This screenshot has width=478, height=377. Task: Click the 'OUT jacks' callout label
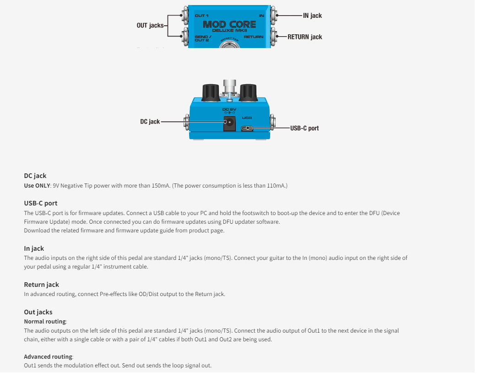[x=150, y=26]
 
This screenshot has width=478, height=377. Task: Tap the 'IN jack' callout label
[x=312, y=16]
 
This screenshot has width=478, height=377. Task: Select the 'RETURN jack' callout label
[x=304, y=37]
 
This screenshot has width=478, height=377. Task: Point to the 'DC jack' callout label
[x=150, y=122]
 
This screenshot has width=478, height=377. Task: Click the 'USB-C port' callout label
[x=304, y=128]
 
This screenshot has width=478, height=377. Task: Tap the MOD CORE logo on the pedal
[x=229, y=24]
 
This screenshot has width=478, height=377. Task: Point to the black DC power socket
[x=229, y=123]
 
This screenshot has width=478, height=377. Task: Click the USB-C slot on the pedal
[x=247, y=128]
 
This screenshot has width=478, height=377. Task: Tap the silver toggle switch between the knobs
[x=228, y=87]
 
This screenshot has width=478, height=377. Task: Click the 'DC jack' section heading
[x=35, y=176]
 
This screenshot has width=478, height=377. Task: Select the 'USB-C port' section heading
[x=41, y=203]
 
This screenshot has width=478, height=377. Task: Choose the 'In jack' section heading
[x=34, y=248]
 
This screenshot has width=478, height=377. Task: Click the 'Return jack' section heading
[x=41, y=285]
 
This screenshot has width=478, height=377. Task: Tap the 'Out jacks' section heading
[x=38, y=312]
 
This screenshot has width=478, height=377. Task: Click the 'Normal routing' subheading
[x=45, y=322]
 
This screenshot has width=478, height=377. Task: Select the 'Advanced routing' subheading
[x=48, y=357]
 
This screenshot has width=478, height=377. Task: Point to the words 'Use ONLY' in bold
[x=37, y=186]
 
